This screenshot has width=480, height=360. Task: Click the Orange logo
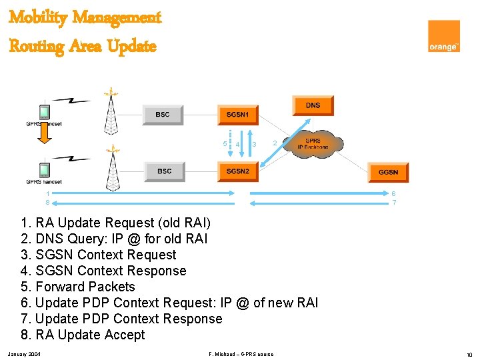pos(444,36)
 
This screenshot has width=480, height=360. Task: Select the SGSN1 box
pos(238,115)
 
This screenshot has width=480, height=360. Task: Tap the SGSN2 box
pos(238,171)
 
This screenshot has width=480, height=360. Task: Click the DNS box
pos(313,105)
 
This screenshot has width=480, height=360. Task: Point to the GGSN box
pos(388,172)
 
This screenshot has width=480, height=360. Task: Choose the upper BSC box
pos(163,115)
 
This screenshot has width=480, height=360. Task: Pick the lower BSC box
pos(164,171)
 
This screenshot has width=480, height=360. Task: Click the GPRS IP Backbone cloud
pos(313,144)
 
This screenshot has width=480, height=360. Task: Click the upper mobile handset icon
pos(45,111)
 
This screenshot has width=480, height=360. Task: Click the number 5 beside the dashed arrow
pos(224,143)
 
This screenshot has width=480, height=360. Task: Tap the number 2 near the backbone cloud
pos(275,143)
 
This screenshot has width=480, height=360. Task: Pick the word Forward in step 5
pos(60,287)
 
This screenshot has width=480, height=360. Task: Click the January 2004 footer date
pos(24,353)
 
